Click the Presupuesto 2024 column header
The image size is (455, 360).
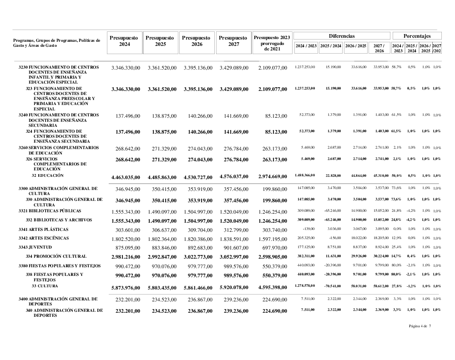click(124, 41)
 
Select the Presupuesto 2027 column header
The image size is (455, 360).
click(233, 41)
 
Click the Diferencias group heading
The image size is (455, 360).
click(342, 35)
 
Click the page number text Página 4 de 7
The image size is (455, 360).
click(420, 326)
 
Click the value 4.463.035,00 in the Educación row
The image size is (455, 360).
click(125, 177)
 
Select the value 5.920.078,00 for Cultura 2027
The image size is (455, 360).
click(233, 288)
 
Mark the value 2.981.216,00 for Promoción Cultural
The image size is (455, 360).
click(125, 257)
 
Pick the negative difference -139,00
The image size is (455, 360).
click(308, 230)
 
